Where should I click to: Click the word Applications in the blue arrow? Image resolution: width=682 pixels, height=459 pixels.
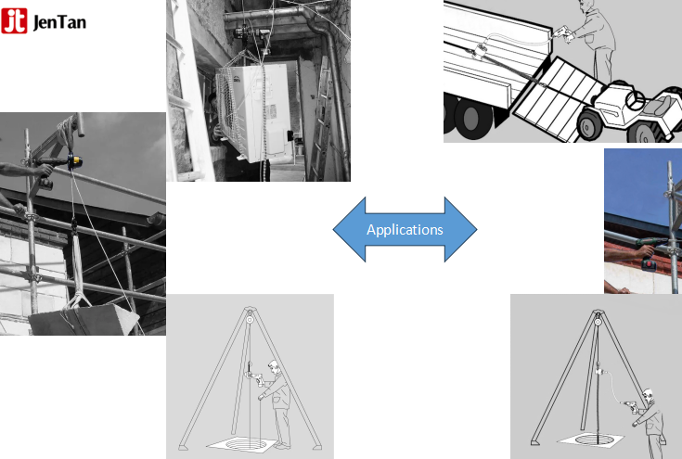405,229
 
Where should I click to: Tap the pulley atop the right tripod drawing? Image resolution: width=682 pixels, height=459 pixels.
595,323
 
